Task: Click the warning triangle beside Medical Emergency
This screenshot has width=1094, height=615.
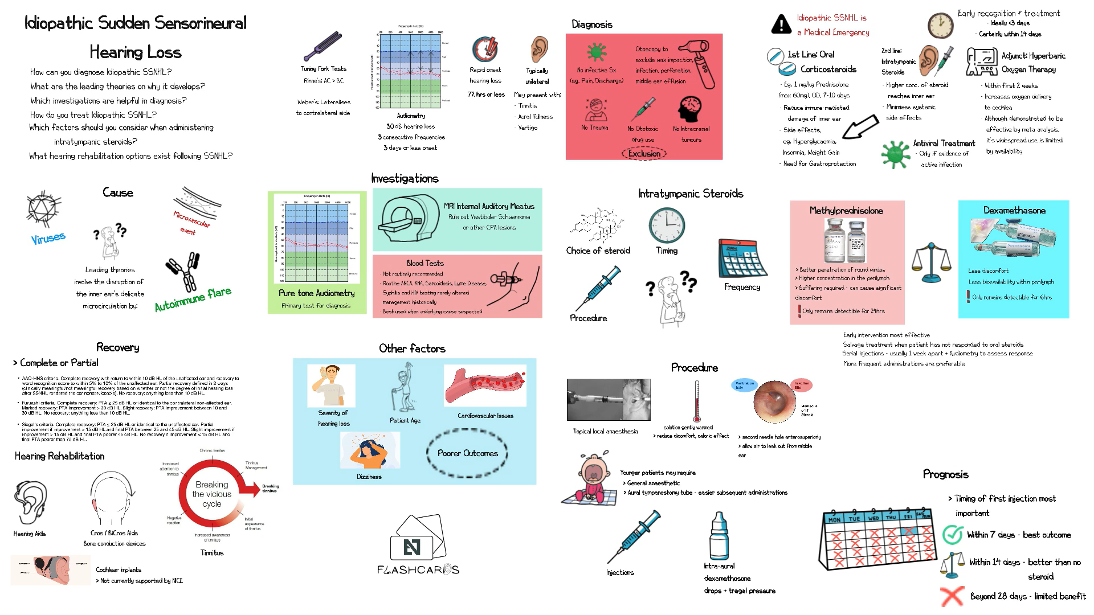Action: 781,24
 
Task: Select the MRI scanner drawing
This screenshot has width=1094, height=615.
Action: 406,219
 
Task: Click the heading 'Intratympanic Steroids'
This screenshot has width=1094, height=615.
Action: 690,194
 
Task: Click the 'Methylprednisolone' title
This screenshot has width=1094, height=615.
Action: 846,211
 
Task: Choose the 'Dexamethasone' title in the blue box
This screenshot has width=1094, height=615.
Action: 1014,210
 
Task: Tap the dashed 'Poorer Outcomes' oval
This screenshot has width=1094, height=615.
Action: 467,453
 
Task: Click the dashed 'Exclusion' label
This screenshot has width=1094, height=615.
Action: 644,154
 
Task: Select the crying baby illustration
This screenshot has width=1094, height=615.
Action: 590,478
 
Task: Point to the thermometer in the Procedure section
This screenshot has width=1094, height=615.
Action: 696,401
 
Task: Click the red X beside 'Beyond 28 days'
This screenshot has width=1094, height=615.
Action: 952,596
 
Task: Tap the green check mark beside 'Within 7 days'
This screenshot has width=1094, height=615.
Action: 953,534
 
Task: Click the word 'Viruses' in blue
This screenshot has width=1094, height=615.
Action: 48,238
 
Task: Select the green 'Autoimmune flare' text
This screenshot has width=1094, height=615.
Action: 193,299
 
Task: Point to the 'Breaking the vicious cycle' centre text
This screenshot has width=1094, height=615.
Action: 212,494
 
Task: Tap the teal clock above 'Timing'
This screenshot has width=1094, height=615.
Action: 666,225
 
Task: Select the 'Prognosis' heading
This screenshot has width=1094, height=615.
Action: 945,474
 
